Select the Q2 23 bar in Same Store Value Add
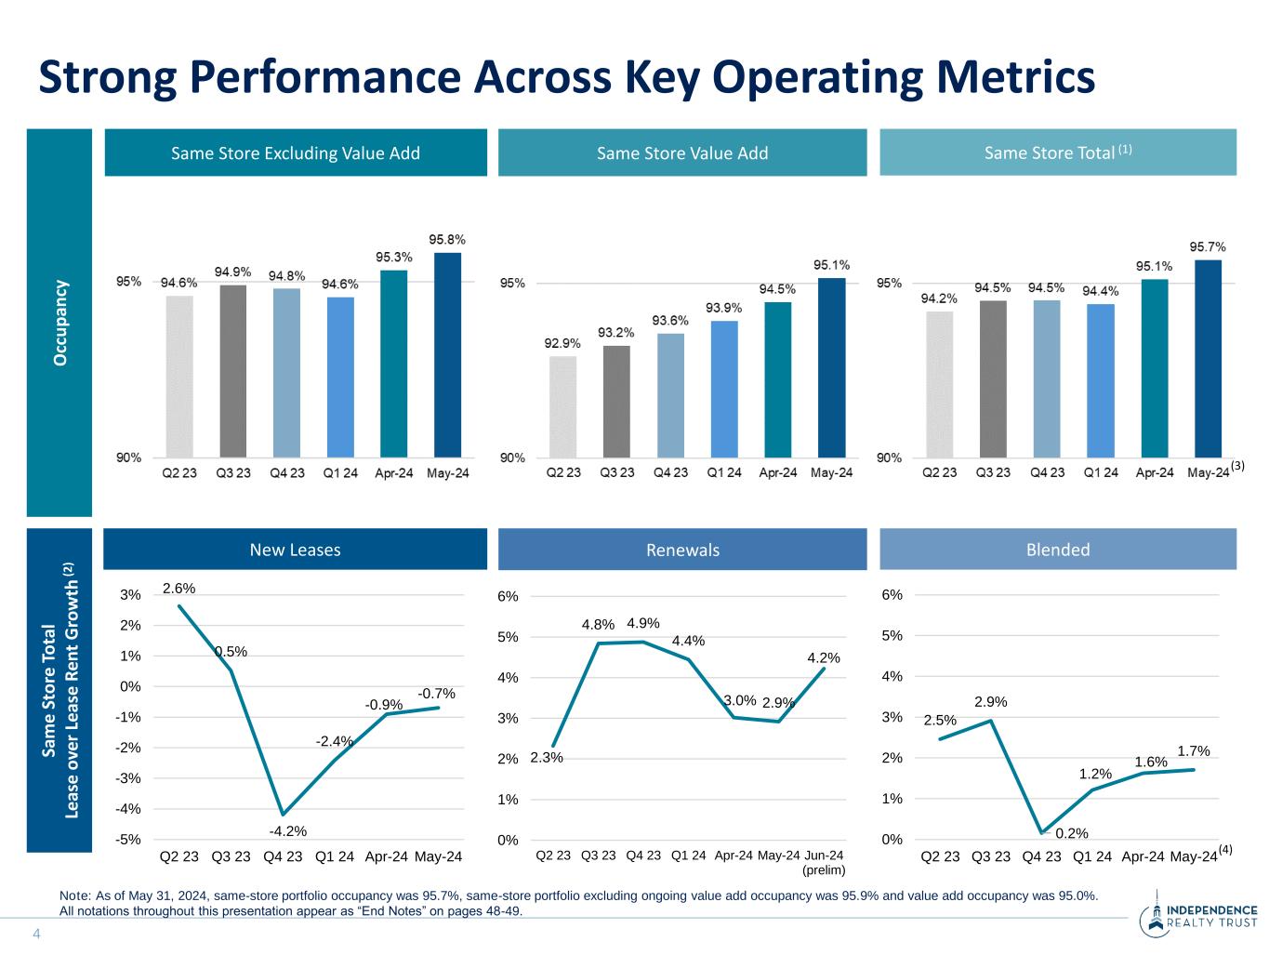(x=562, y=406)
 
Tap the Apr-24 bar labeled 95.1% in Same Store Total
(x=1154, y=367)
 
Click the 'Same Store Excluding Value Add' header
(x=296, y=153)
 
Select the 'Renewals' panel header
(x=682, y=550)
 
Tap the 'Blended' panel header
(x=1057, y=550)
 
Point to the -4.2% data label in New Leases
(x=287, y=830)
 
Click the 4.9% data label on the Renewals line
(x=643, y=623)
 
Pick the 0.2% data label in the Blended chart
(x=1072, y=833)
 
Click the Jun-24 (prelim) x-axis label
(x=824, y=862)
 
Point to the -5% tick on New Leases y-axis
(x=129, y=839)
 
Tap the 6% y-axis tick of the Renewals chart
(x=509, y=596)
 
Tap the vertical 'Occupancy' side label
(x=60, y=322)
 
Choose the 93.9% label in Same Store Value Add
(x=723, y=308)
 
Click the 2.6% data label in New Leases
(x=178, y=588)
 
